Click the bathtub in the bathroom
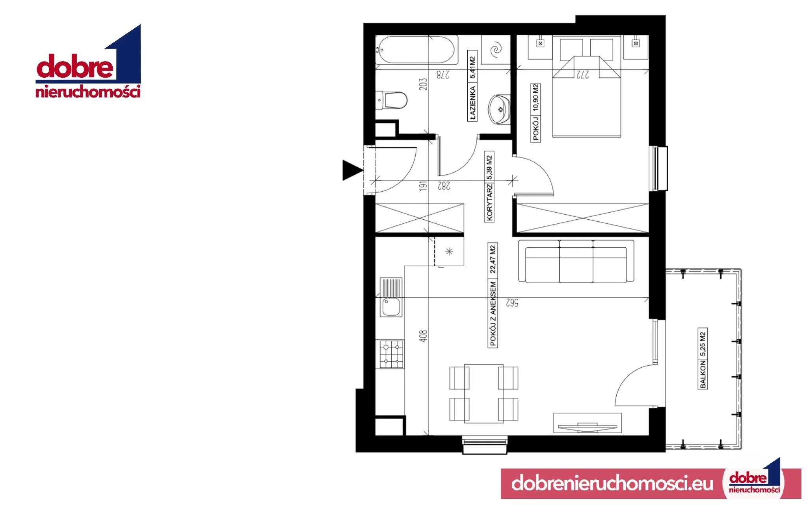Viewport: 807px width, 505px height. click(417, 50)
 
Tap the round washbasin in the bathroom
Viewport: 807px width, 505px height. click(499, 109)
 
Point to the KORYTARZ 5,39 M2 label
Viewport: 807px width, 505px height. click(489, 187)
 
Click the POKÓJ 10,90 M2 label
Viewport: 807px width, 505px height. click(536, 112)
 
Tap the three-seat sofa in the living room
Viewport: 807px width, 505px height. click(576, 261)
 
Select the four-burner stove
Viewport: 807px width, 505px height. click(392, 354)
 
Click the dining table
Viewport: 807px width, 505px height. click(484, 393)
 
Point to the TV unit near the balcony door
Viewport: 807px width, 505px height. click(587, 423)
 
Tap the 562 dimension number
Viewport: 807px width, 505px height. click(511, 303)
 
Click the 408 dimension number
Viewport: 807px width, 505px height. click(423, 336)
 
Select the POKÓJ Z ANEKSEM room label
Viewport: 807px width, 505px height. click(493, 314)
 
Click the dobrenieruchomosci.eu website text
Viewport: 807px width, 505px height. click(612, 483)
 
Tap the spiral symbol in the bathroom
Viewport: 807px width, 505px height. click(496, 50)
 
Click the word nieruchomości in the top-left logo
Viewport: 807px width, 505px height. click(88, 92)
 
